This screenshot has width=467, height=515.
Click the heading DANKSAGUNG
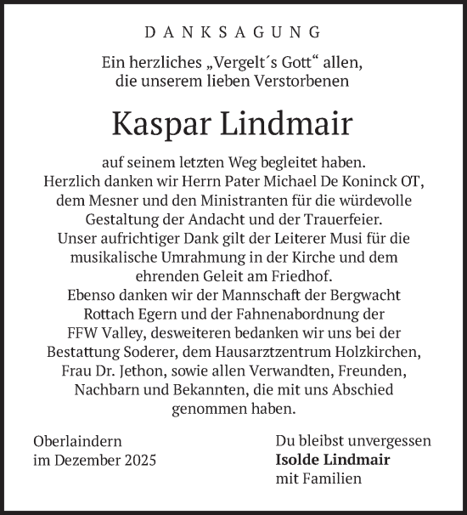[x=233, y=32]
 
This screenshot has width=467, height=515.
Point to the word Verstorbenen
[x=304, y=82]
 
